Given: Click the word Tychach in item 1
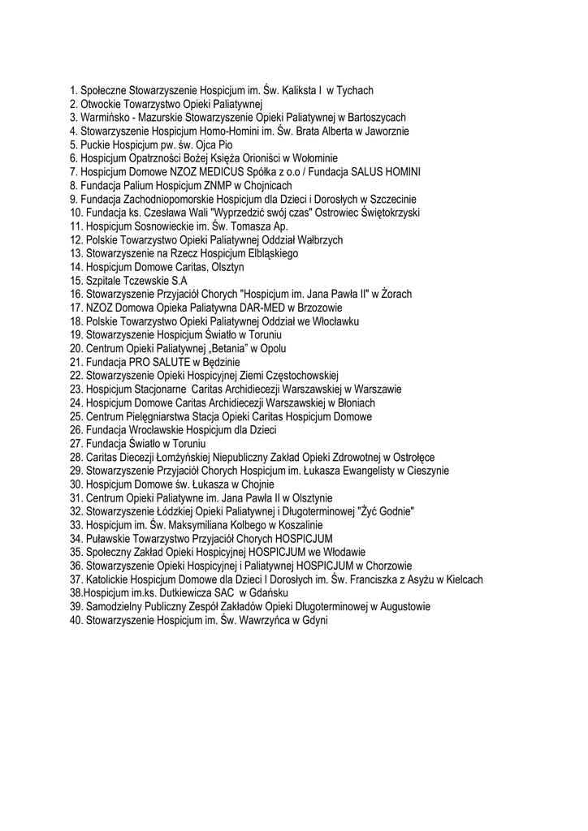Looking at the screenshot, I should tap(355, 91).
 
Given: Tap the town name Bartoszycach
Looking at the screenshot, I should tap(378, 118).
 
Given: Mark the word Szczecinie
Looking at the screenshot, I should tap(393, 199).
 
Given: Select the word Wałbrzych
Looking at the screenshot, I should tap(320, 240).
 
